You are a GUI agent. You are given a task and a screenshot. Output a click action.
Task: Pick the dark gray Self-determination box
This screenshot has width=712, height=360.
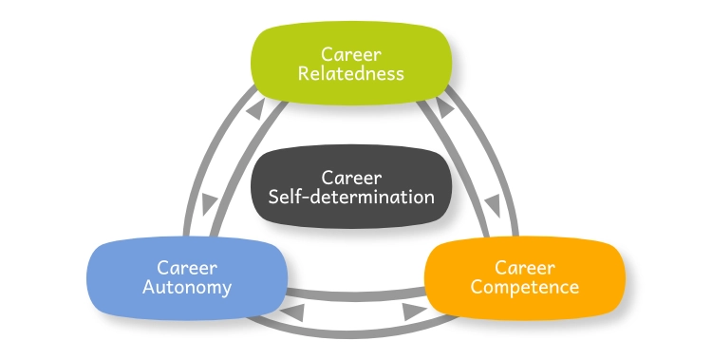point(350,187)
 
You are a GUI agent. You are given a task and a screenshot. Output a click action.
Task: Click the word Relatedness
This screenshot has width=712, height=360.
point(350,73)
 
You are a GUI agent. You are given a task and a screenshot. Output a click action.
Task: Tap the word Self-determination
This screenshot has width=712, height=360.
point(350,198)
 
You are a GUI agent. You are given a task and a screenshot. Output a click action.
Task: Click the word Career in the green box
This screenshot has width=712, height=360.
point(350,53)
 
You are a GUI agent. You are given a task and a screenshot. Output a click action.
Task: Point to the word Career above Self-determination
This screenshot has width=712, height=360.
point(350,178)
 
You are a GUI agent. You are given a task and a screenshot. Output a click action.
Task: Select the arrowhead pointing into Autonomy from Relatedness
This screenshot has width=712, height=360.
point(210,201)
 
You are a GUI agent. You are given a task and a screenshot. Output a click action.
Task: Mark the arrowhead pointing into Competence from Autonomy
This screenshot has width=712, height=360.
point(411,310)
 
